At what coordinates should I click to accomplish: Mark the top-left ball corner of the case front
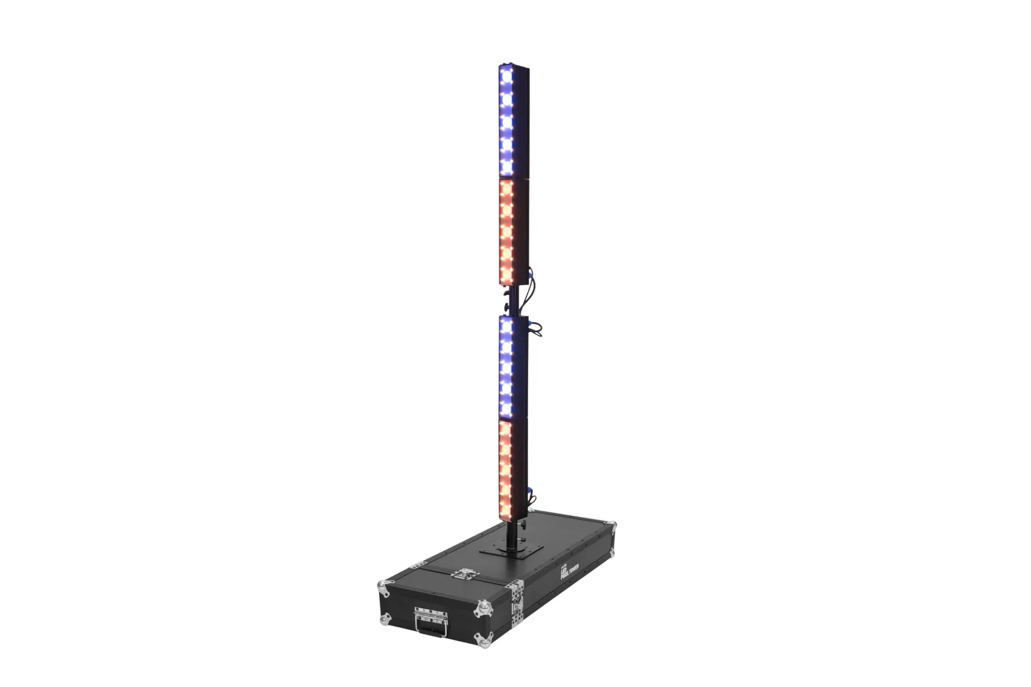383,585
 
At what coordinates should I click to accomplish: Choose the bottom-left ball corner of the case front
385,619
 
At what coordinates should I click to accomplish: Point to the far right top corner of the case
613,525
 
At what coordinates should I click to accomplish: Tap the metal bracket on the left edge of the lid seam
415,565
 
